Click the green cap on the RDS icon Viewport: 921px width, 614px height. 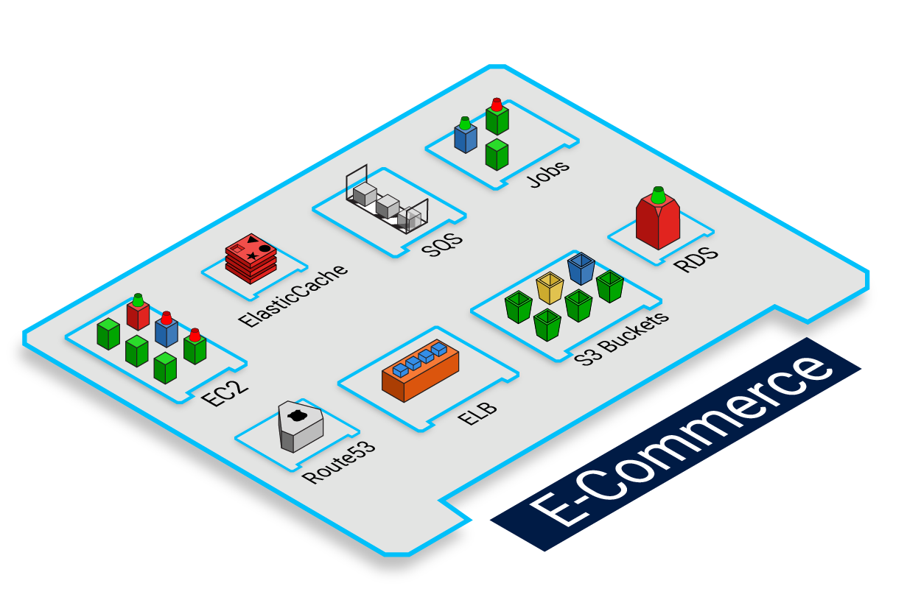[x=658, y=194]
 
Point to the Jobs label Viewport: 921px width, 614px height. [x=548, y=174]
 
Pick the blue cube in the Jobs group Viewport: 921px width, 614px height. [x=465, y=138]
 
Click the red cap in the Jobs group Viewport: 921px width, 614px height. [x=497, y=105]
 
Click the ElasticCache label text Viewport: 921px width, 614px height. [x=293, y=294]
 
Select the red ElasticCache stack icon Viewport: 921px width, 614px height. [x=251, y=258]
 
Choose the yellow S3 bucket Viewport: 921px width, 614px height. [x=550, y=288]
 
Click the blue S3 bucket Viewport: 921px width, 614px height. [x=581, y=269]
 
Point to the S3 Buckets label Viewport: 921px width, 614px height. [x=621, y=337]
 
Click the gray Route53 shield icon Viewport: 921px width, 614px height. [x=299, y=426]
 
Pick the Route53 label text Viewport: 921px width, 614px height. [x=339, y=462]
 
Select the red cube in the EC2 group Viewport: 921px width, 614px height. [x=138, y=315]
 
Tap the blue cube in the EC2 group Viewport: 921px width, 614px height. [x=167, y=331]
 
